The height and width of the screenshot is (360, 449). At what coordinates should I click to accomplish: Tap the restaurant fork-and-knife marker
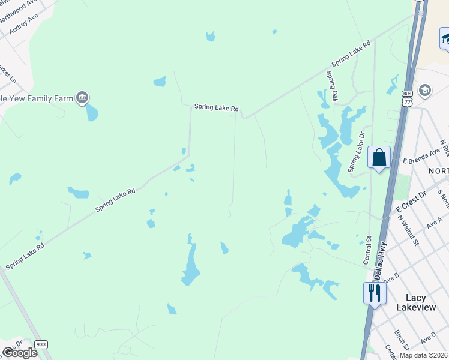374,293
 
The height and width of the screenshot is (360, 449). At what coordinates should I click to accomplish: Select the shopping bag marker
379,158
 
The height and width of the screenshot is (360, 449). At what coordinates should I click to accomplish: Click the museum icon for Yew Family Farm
82,98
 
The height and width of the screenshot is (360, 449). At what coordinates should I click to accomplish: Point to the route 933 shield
41,344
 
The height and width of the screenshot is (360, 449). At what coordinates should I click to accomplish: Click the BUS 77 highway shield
407,98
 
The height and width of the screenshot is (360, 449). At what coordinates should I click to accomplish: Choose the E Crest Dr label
411,200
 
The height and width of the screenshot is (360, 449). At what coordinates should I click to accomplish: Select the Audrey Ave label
23,24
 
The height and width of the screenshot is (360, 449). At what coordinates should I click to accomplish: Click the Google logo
20,353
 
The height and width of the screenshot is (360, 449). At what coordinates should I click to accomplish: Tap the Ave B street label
391,278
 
